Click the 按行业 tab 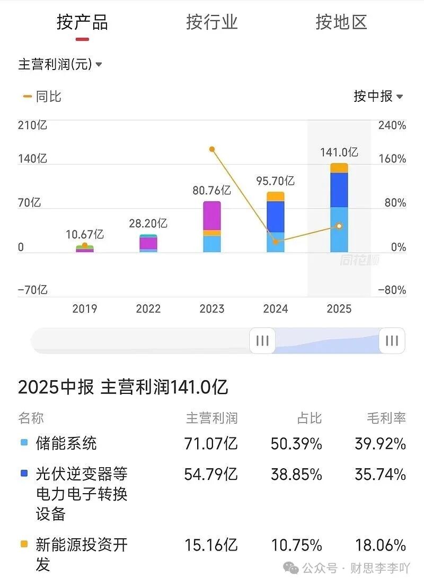pos(211,22)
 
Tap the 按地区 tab pos(341,22)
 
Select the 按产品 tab pos(82,22)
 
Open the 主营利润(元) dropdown pos(60,65)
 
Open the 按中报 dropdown pos(378,96)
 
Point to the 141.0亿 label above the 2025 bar pos(339,152)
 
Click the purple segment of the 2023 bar pos(212,216)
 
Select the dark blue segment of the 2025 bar pos(339,190)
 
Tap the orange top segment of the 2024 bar pos(276,196)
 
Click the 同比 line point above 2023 pos(212,150)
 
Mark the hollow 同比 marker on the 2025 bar pos(339,226)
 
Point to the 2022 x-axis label pos(148,309)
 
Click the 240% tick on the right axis pos(392,126)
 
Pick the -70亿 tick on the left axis pos(33,290)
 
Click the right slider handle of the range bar pos(392,341)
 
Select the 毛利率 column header pos(386,418)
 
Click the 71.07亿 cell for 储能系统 pos(211,444)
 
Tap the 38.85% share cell pos(296,474)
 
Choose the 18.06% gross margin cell pos(380,545)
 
